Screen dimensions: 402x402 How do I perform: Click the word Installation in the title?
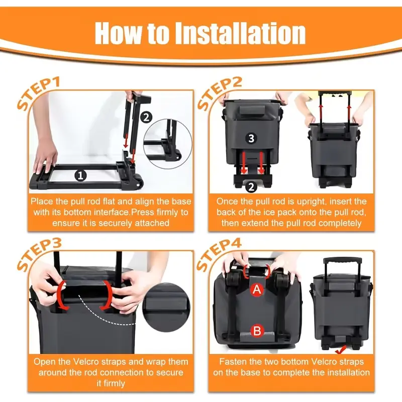pyautogui.click(x=240, y=33)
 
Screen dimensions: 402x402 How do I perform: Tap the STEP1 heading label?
pyautogui.click(x=39, y=94)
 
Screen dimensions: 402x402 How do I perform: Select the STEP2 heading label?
pyautogui.click(x=220, y=94)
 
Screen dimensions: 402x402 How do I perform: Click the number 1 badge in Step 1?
pyautogui.click(x=80, y=176)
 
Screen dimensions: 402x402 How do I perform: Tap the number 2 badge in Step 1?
pyautogui.click(x=146, y=118)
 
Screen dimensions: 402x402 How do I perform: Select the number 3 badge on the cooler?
pyautogui.click(x=251, y=138)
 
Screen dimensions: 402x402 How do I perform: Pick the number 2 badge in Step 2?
pyautogui.click(x=251, y=187)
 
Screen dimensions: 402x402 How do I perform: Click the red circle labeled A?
pyautogui.click(x=257, y=290)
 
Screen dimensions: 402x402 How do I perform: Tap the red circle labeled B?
pyautogui.click(x=257, y=331)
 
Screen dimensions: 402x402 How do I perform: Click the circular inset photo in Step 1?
pyautogui.click(x=168, y=144)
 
